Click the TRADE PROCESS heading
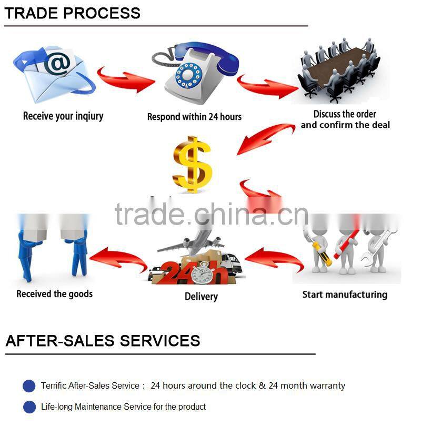(x=73, y=13)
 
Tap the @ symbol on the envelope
(x=57, y=64)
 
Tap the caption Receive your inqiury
(x=63, y=116)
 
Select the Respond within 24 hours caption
(x=194, y=117)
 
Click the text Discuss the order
(x=345, y=114)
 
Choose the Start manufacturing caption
(x=345, y=294)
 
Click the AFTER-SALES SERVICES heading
(x=103, y=341)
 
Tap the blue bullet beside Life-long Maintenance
(x=29, y=407)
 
